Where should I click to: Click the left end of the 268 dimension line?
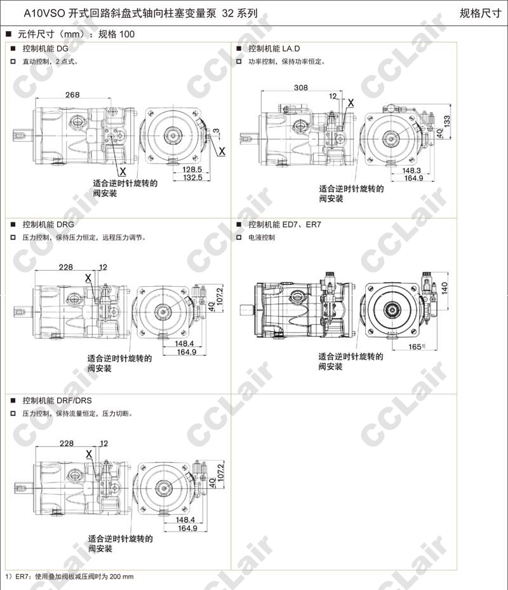coord(36,99)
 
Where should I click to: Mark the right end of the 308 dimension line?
coord(342,91)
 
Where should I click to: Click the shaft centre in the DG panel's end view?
coord(173,135)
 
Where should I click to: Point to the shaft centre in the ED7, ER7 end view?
coord(392,310)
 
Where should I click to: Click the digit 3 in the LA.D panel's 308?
coord(297,87)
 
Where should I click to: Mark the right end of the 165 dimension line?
coord(437,350)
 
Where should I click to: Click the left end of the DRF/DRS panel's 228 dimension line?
coord(36,447)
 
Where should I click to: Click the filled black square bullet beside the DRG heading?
coord(13,224)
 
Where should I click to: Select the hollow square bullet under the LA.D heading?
coord(239,61)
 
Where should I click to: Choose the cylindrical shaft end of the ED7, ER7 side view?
coord(247,310)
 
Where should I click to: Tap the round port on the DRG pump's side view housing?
coord(73,299)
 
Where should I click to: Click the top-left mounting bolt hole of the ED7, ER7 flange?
coord(371,289)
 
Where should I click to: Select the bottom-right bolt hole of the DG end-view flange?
coord(195,157)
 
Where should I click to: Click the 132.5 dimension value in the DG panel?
coord(192,177)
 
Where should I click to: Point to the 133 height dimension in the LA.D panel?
coord(447,121)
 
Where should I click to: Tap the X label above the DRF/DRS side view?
coord(89,454)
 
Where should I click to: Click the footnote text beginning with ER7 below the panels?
coord(69,577)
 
